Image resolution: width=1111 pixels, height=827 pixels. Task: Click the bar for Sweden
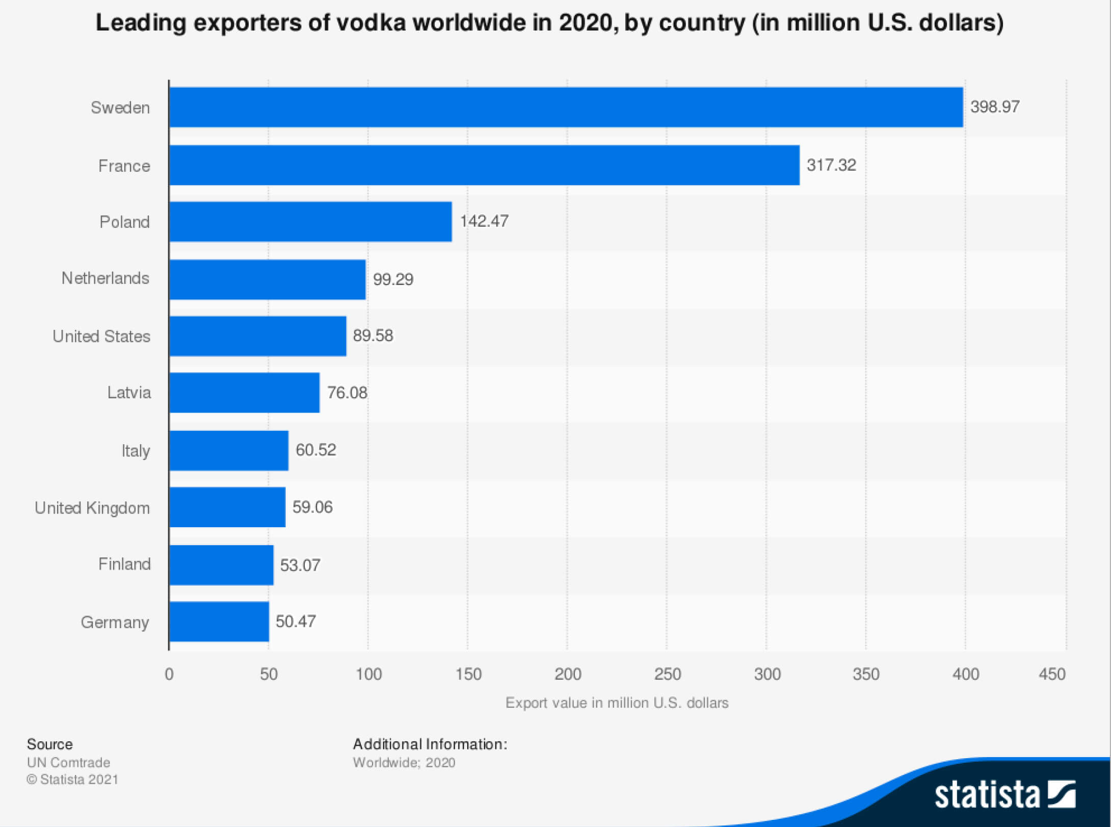point(566,107)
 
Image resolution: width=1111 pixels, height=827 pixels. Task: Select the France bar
point(484,165)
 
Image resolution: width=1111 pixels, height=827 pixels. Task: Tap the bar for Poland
point(310,221)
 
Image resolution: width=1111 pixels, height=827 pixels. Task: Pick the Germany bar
point(219,622)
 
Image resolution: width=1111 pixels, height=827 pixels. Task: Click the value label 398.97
point(995,107)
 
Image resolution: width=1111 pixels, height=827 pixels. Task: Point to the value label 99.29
point(393,279)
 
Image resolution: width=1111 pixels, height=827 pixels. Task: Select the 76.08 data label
point(347,393)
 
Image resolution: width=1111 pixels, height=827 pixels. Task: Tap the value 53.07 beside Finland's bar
point(300,565)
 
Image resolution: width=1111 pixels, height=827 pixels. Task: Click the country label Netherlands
point(105,278)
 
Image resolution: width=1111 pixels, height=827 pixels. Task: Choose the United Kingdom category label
point(92,508)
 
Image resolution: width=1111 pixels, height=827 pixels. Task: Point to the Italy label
point(136,451)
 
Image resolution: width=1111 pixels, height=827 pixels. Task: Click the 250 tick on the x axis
point(667,674)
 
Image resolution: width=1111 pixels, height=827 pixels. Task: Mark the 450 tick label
point(1052,674)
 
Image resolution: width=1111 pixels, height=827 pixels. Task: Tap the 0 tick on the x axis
point(169,674)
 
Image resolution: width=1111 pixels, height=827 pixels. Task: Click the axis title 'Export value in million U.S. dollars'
point(617,703)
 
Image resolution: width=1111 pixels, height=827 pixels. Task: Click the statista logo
point(1004,794)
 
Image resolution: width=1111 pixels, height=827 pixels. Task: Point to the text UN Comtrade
point(68,762)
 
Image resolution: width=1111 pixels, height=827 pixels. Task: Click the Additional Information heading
point(430,744)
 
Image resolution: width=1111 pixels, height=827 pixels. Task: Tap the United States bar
point(258,336)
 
